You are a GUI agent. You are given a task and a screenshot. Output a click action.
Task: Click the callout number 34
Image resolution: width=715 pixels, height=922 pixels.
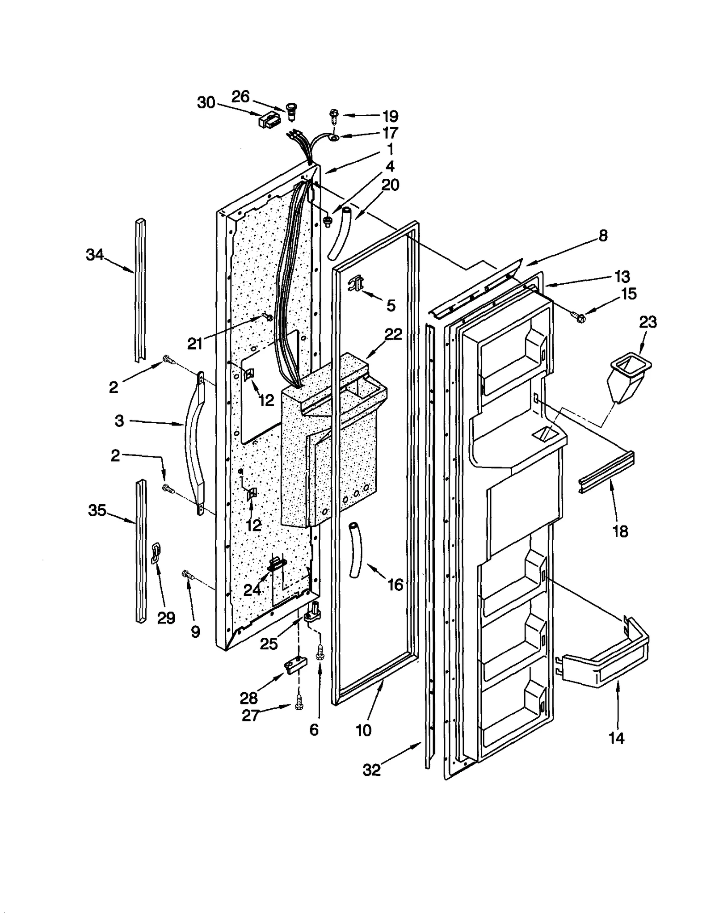click(x=94, y=255)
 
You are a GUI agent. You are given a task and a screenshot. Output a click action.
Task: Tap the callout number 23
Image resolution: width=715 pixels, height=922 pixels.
click(x=648, y=322)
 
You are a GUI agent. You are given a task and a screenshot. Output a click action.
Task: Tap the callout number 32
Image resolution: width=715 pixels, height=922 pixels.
click(x=371, y=770)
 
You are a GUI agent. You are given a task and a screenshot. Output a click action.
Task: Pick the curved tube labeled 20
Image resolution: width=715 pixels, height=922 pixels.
click(x=340, y=232)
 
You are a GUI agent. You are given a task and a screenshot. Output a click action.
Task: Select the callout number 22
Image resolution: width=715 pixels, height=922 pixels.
click(x=393, y=334)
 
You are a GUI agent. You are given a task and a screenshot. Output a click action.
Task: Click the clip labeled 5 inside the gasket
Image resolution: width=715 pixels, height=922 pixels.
click(x=356, y=282)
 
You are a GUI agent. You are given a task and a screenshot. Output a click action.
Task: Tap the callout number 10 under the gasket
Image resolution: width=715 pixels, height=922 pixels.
click(x=363, y=730)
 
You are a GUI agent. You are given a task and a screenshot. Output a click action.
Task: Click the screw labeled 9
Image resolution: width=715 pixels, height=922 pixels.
click(x=187, y=575)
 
